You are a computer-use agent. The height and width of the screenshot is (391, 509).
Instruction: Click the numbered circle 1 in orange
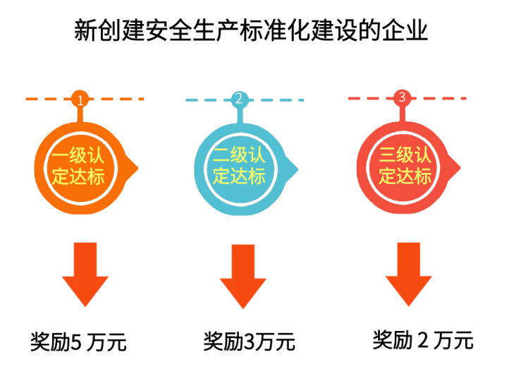pos(80,99)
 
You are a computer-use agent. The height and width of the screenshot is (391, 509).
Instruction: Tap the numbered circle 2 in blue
pos(240,100)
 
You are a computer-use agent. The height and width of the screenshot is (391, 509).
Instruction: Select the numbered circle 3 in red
pos(402,98)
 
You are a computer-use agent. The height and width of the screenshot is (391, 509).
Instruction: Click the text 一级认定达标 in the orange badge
pos(78,166)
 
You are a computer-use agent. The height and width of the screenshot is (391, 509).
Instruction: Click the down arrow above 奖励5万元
pos(85,275)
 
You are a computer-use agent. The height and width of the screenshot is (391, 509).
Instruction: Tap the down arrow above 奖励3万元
pos(243,276)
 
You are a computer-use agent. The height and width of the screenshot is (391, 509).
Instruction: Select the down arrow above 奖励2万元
pos(408,275)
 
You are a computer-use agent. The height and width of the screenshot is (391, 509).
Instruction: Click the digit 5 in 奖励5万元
pos(75,342)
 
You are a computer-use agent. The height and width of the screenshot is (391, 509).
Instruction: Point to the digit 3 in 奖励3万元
pos(248,342)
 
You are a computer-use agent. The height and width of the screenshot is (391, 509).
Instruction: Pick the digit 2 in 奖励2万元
pos(423,340)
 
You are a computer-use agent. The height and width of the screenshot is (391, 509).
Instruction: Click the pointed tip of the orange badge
pos(138,169)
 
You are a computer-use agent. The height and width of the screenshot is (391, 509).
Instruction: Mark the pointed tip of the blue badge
pos(298,169)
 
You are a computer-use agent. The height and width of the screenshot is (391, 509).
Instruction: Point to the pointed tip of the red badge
pos(460,168)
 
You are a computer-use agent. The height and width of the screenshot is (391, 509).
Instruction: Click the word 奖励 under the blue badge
pos(223,342)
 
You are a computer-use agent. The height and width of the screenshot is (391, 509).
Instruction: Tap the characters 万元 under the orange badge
pos(106,342)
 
